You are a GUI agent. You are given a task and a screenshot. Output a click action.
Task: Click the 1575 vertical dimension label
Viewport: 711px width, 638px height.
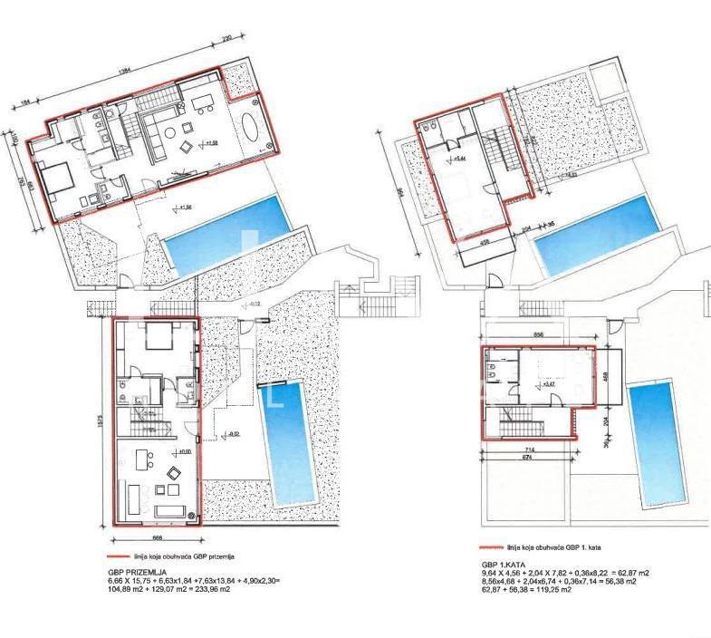[x=93, y=420]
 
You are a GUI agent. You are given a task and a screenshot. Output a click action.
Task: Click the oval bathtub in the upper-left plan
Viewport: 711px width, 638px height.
[x=252, y=131]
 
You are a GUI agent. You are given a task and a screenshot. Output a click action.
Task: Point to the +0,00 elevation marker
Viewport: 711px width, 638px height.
[x=183, y=451]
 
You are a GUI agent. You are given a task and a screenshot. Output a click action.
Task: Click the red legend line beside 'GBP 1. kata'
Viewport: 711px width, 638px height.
[x=491, y=548]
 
